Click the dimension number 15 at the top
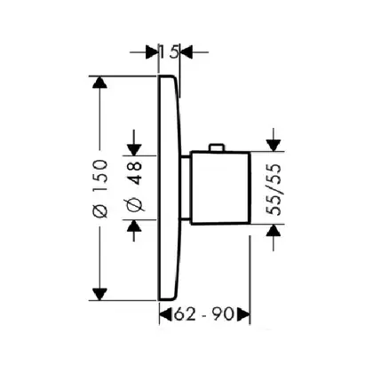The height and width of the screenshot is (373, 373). pos(169,52)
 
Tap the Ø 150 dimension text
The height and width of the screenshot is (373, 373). pos(99,188)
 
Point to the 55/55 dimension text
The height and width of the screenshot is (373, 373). pos(274,189)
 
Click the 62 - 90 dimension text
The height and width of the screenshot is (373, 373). pos(204,314)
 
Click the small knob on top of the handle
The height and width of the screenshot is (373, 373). pos(217,147)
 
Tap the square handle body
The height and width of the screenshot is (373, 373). pos(220,188)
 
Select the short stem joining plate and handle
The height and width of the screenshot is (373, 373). pos(185,187)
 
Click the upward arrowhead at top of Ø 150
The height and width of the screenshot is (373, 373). pos(99,82)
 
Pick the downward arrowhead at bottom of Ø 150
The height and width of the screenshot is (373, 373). pos(99,295)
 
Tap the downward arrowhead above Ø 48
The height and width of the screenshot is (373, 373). pos(134,150)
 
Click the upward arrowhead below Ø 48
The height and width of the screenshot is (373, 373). pos(134,226)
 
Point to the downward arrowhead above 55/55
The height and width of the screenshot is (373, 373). pos(274,146)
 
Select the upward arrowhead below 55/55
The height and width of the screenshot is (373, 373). pos(274,230)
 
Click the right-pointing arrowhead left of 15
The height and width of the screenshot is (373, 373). pos(152,52)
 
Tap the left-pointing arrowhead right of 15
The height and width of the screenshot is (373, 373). pos(186,52)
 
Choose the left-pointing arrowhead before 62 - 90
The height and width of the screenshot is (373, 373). pos(166,314)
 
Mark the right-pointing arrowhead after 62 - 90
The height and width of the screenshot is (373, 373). pos(244,314)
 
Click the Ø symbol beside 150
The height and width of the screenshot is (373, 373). pos(100,210)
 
